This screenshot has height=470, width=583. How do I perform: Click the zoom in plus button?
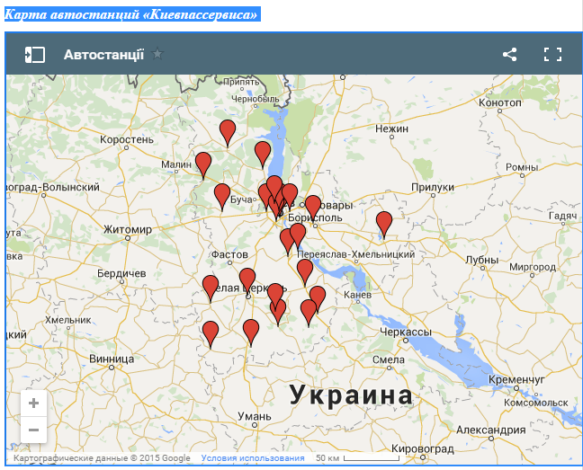tap(33, 403)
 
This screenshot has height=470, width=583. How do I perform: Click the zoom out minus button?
tap(33, 430)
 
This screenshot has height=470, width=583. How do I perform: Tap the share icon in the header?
tap(509, 54)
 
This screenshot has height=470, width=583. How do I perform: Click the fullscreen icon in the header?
tap(552, 54)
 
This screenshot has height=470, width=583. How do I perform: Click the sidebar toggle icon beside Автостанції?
tap(34, 54)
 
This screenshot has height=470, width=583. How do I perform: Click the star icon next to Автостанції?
tap(158, 54)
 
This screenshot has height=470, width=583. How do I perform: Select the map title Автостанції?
tap(103, 54)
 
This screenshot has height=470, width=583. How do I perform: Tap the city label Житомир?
tap(127, 230)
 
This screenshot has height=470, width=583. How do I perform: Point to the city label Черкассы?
tap(407, 333)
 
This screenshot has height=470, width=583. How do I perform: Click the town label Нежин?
tap(392, 129)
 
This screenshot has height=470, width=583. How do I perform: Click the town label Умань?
tap(255, 416)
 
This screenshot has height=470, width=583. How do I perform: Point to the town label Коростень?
tap(127, 140)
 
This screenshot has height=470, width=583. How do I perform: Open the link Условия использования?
tap(253, 458)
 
